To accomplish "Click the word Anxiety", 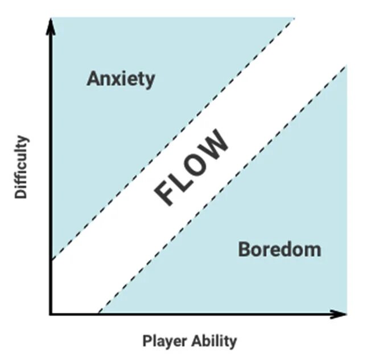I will pos(121,79).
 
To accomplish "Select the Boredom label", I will pos(279,249).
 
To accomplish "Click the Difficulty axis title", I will pos(22,166).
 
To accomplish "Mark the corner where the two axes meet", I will pos(51,313).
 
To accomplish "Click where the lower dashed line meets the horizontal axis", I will pos(99,313).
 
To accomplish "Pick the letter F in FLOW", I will pos(165,194).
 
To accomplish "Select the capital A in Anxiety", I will pos(93,79).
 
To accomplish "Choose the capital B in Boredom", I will pos(244,249).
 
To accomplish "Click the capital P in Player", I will pos(146,341).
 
